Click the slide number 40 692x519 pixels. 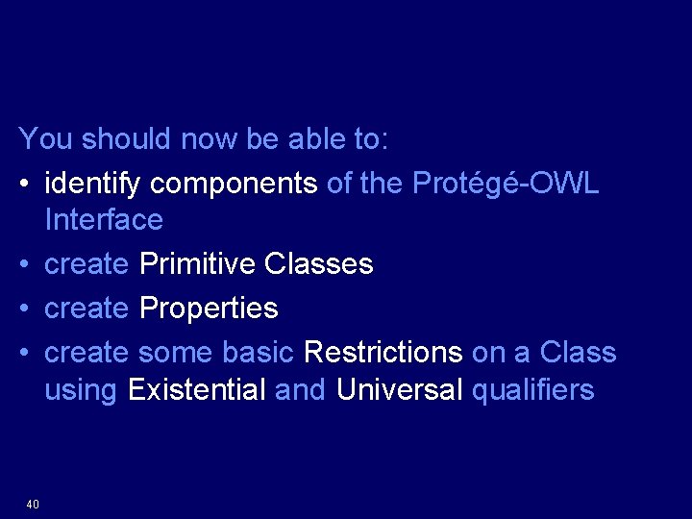pyautogui.click(x=33, y=505)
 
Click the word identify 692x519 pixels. pyautogui.click(x=93, y=183)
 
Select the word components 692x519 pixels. pyautogui.click(x=234, y=183)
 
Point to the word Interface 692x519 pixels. pyautogui.click(x=104, y=219)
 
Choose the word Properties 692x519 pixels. pyautogui.click(x=209, y=309)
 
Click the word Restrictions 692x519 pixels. pyautogui.click(x=383, y=353)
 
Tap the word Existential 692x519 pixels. pyautogui.click(x=196, y=389)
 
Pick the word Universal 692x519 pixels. pyautogui.click(x=399, y=389)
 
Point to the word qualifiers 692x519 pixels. pyautogui.click(x=533, y=389)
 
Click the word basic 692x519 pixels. pyautogui.click(x=258, y=353)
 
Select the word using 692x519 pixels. pyautogui.click(x=81, y=390)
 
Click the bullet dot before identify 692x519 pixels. pyautogui.click(x=26, y=184)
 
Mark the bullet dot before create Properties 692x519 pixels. pyautogui.click(x=26, y=309)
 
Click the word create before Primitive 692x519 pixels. pyautogui.click(x=86, y=263)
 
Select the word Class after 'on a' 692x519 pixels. pyautogui.click(x=578, y=353)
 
